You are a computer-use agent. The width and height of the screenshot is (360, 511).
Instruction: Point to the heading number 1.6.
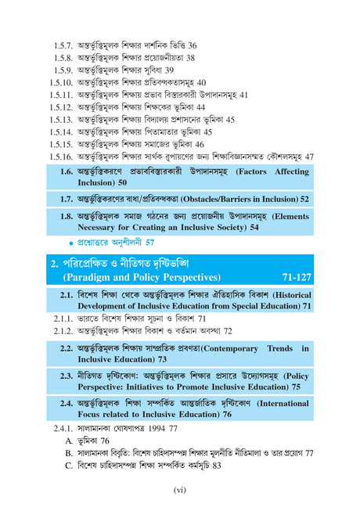(x=68, y=171)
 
